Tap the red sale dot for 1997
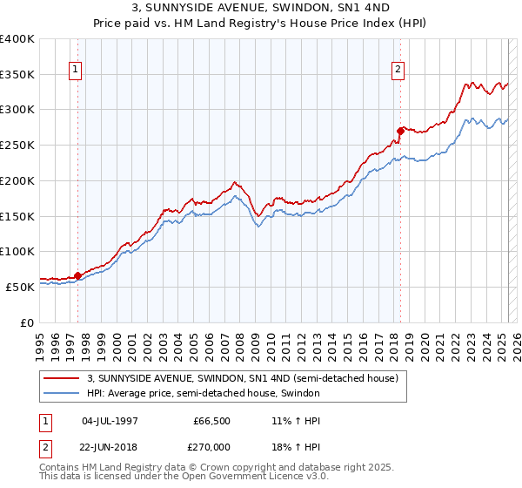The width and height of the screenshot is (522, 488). [77, 275]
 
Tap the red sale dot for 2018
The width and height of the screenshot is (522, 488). [400, 131]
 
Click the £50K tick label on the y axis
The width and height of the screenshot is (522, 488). [20, 287]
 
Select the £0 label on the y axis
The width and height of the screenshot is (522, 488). [27, 322]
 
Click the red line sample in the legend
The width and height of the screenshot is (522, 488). [61, 378]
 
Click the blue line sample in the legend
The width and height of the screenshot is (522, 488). [61, 393]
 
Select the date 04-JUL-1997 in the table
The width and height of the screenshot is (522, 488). [109, 421]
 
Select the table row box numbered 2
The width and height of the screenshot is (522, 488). [45, 445]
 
